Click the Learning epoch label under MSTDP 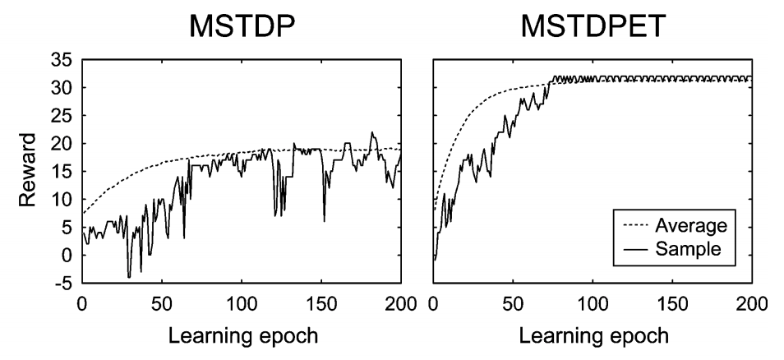click(241, 335)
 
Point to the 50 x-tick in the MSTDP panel click(162, 304)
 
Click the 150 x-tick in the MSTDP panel click(321, 304)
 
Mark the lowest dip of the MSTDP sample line click(129, 278)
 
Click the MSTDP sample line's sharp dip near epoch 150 click(324, 221)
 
